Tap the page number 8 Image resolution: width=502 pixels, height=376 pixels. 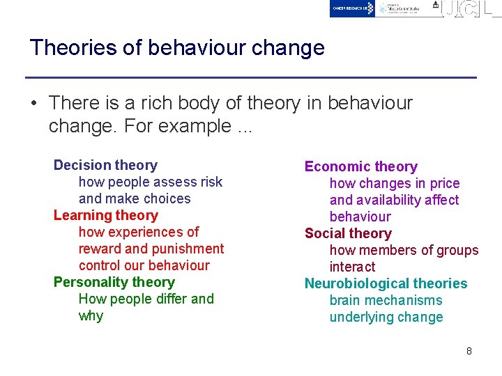(x=469, y=351)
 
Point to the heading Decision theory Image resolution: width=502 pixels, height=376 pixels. (x=105, y=165)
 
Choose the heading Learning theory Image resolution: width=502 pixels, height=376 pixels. (x=105, y=215)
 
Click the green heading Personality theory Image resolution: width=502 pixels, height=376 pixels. (x=114, y=282)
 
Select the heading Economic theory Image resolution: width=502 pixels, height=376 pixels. (x=360, y=166)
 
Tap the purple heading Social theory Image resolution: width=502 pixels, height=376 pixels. (x=348, y=233)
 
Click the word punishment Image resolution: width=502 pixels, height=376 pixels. (x=188, y=249)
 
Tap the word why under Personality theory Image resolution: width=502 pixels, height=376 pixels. (x=91, y=315)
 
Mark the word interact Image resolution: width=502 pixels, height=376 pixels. (x=352, y=267)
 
